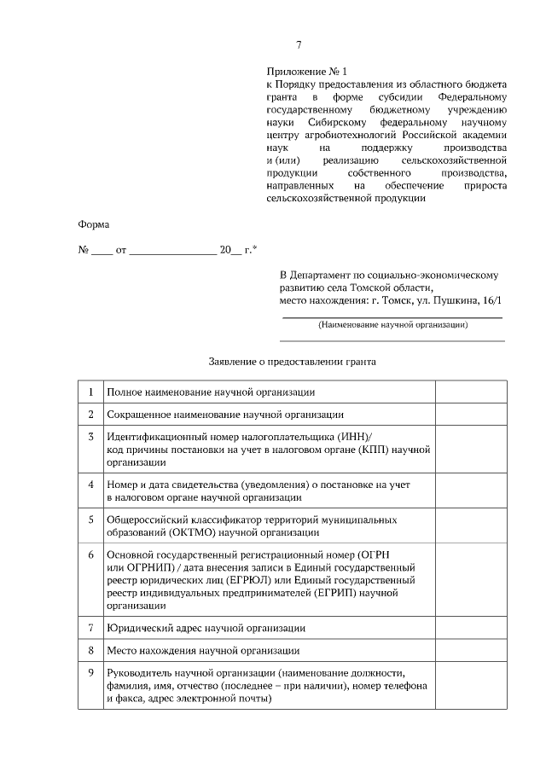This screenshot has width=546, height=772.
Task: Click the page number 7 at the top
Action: tap(299, 45)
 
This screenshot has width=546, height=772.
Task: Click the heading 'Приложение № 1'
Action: tap(308, 73)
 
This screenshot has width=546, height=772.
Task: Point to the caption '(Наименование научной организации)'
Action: tap(392, 325)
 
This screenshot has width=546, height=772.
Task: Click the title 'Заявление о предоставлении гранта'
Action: tap(293, 361)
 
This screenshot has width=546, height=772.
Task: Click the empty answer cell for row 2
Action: tap(472, 414)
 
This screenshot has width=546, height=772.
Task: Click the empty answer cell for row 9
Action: tap(472, 686)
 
